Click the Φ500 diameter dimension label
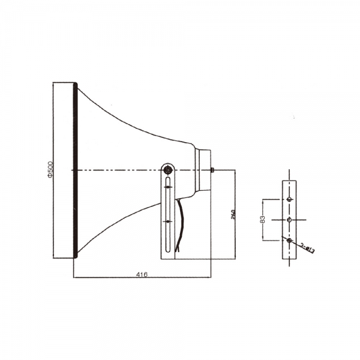pos(51,170)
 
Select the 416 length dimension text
pos(141,274)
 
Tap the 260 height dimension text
pos(232,215)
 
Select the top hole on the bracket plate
pos(290,199)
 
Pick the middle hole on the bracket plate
pos(290,220)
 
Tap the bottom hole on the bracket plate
pos(290,241)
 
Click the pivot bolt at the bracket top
pos(168,169)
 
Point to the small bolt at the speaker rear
pos(213,170)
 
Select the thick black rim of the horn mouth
pos(74,171)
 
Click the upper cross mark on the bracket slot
pos(168,188)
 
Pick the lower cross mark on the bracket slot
pos(168,222)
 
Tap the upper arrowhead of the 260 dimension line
pos(235,173)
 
